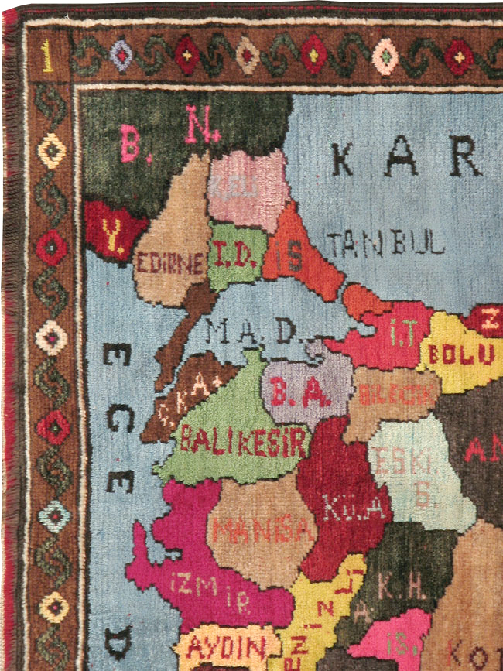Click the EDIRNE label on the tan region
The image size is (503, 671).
tap(170, 262)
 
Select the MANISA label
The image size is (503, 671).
tap(263, 532)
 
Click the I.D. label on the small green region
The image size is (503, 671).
tap(235, 253)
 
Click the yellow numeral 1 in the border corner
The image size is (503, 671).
tap(48, 56)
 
